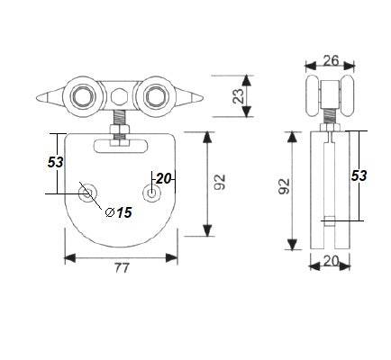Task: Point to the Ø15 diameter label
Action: pos(120,213)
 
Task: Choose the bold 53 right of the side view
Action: pos(359,175)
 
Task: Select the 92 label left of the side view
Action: pos(285,187)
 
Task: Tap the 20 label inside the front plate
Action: pos(163,178)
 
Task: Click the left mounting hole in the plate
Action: pos(87,193)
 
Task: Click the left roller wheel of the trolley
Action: pos(85,96)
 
